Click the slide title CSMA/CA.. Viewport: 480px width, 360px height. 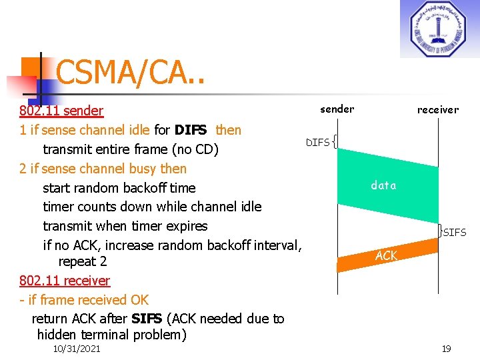pyautogui.click(x=131, y=72)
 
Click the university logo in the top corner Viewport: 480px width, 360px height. pyautogui.click(x=439, y=29)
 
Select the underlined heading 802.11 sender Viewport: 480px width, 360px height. pyautogui.click(x=61, y=111)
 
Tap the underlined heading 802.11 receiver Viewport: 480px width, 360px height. pyautogui.click(x=65, y=281)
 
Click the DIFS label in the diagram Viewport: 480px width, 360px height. pyautogui.click(x=317, y=142)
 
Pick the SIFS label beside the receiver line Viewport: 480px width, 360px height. pyautogui.click(x=455, y=233)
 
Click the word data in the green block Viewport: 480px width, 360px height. pyautogui.click(x=383, y=185)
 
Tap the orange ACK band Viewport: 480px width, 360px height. pyautogui.click(x=386, y=256)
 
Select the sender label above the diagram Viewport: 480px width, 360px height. pyautogui.click(x=337, y=109)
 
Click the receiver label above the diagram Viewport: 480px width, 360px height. pyautogui.click(x=437, y=109)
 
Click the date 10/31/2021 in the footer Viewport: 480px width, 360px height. pyautogui.click(x=77, y=349)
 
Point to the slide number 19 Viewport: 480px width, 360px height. pyautogui.click(x=445, y=349)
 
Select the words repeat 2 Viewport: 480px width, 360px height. pyautogui.click(x=83, y=261)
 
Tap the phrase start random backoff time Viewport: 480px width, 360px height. pyautogui.click(x=119, y=188)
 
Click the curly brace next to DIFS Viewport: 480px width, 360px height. pyautogui.click(x=334, y=141)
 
